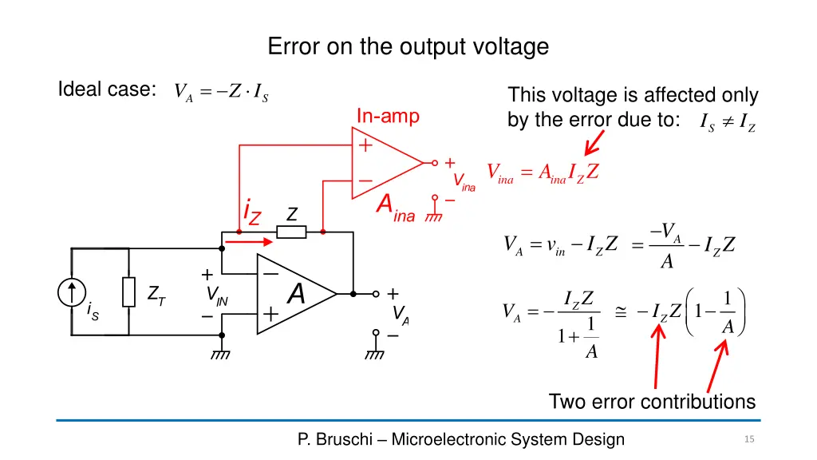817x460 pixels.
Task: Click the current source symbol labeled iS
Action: [71, 292]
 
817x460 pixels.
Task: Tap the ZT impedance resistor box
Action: [128, 292]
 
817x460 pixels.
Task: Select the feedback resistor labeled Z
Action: [291, 232]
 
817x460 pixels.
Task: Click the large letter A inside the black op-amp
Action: [296, 293]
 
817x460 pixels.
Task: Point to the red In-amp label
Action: [388, 116]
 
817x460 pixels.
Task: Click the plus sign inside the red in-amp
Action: [365, 145]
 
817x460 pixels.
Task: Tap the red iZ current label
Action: [252, 212]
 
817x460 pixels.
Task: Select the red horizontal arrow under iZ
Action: [249, 241]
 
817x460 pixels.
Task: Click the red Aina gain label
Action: [396, 208]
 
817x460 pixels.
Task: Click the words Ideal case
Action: [107, 89]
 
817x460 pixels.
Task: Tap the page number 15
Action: [749, 439]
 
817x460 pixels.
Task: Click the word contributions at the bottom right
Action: [697, 402]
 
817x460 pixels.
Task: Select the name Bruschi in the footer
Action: [344, 439]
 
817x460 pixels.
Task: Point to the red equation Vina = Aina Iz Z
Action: [543, 172]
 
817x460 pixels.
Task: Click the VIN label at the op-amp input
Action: [217, 295]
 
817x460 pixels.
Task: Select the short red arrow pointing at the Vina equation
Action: [594, 143]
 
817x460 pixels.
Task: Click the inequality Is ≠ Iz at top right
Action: [728, 122]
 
